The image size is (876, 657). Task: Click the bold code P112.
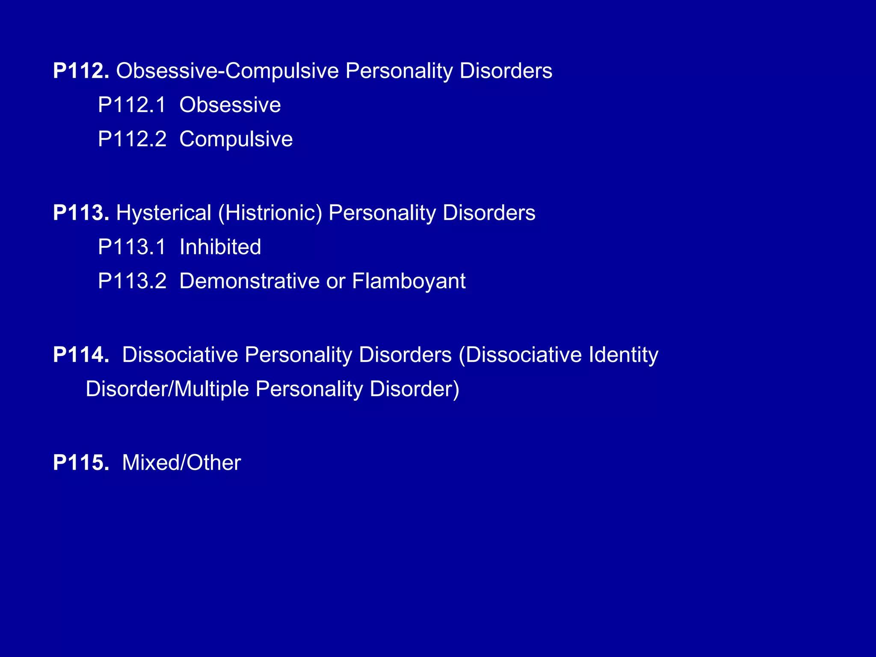(x=81, y=71)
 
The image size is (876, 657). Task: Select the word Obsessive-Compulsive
(x=227, y=71)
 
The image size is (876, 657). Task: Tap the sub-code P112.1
(x=132, y=105)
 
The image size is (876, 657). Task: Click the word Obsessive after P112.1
(x=230, y=105)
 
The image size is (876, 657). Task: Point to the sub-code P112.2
(x=132, y=139)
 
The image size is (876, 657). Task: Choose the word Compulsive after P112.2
(x=236, y=139)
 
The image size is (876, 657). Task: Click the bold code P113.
(x=81, y=213)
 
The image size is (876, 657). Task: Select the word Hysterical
(x=164, y=213)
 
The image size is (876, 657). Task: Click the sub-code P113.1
(x=132, y=247)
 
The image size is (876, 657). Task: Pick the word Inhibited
(x=220, y=247)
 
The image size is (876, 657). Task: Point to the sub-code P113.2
(x=132, y=281)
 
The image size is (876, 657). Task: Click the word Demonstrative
(x=249, y=281)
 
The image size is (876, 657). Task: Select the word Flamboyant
(x=408, y=281)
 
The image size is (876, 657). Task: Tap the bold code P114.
(x=81, y=355)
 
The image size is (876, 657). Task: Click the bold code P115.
(x=81, y=463)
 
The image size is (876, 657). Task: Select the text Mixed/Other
(x=181, y=463)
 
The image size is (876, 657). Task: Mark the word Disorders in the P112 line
(x=506, y=71)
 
